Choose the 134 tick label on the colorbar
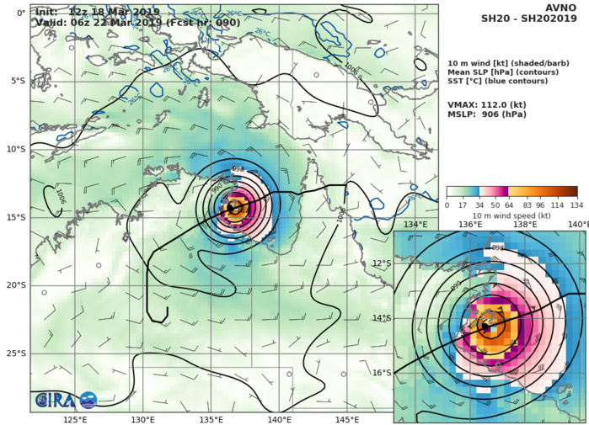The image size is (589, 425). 577,205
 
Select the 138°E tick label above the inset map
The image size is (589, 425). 525,225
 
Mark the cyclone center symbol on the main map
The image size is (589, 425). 230,206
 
